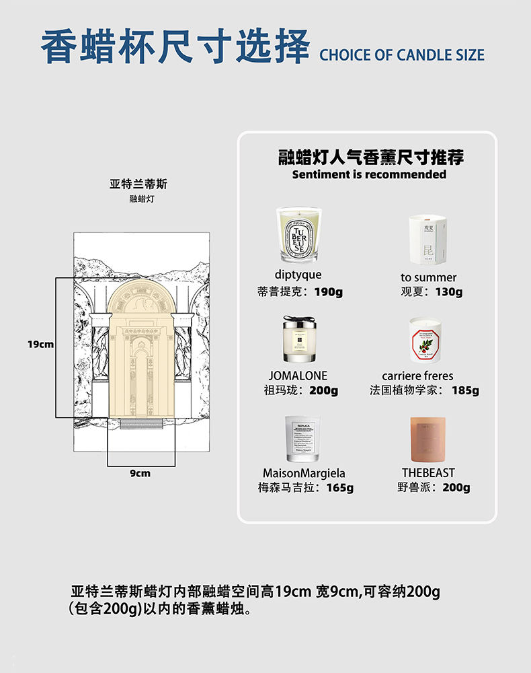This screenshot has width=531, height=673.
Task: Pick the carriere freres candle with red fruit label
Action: tap(427, 341)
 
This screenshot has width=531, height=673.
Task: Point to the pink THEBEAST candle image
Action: tap(428, 439)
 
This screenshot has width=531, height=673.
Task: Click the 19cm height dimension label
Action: tap(41, 344)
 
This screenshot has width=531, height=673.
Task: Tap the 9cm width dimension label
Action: tap(140, 473)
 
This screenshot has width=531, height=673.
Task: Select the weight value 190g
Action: tap(329, 292)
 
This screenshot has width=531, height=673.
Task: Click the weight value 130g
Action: tap(449, 292)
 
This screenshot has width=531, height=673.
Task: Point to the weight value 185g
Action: tap(465, 390)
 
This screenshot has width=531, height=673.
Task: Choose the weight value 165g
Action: tap(339, 488)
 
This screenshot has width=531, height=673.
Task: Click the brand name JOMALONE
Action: tap(298, 376)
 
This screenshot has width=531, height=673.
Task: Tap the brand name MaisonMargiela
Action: tap(304, 473)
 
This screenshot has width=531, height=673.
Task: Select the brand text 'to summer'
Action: tap(428, 277)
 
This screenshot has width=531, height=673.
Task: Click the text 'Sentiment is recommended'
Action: tap(369, 174)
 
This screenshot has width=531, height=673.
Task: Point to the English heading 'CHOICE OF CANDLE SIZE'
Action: tap(401, 55)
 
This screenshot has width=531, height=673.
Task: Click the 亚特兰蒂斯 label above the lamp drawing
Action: tap(138, 184)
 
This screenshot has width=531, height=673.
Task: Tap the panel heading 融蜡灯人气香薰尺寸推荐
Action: tap(370, 157)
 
